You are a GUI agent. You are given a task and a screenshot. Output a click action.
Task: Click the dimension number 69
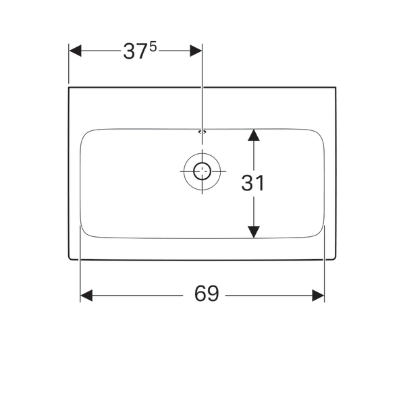207,294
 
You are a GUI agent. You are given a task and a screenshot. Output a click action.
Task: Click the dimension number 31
253,183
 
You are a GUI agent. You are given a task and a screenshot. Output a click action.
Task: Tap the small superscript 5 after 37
153,47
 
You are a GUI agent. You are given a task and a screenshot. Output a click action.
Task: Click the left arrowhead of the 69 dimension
86,296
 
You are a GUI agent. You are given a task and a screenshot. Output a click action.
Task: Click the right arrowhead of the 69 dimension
318,296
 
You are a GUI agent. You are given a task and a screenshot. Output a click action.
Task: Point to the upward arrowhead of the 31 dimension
254,135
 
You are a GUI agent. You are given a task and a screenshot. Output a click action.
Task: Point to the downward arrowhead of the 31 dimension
254,232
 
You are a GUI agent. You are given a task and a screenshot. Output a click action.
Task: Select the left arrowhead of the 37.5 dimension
75,51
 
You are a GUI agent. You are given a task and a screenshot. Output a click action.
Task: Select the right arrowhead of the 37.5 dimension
196,51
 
